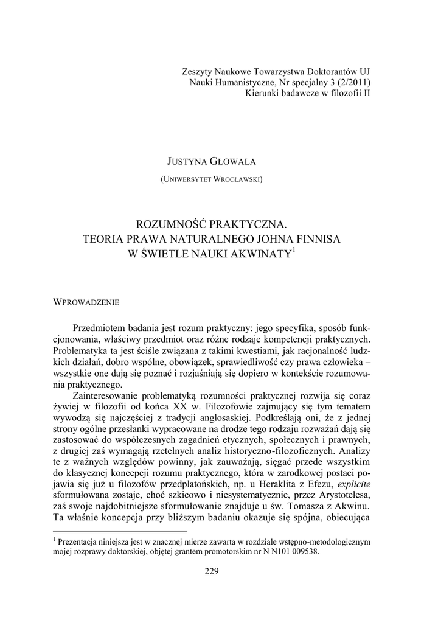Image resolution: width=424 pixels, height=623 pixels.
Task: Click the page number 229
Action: (211, 571)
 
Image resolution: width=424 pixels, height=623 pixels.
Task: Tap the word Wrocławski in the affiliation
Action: (239, 179)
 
